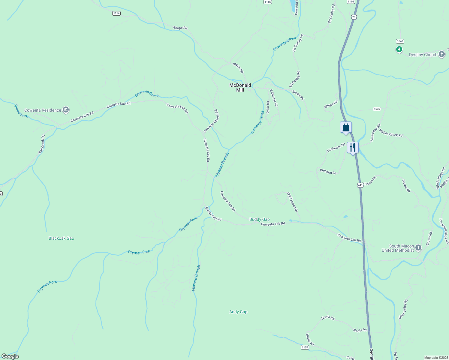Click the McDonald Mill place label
(240, 88)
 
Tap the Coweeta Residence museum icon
(66, 110)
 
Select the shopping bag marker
(346, 127)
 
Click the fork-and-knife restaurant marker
(353, 147)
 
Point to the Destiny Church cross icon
(441, 55)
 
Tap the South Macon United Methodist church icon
(418, 248)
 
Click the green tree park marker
(399, 49)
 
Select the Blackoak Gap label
(61, 238)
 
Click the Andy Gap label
(238, 312)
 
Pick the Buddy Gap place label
(260, 220)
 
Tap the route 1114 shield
(116, 13)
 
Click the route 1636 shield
(377, 109)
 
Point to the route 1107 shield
(305, 347)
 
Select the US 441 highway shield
(360, 185)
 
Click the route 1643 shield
(400, 41)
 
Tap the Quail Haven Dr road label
(292, 202)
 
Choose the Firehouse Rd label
(336, 148)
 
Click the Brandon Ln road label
(328, 172)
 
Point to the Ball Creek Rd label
(41, 144)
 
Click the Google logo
(10, 356)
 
